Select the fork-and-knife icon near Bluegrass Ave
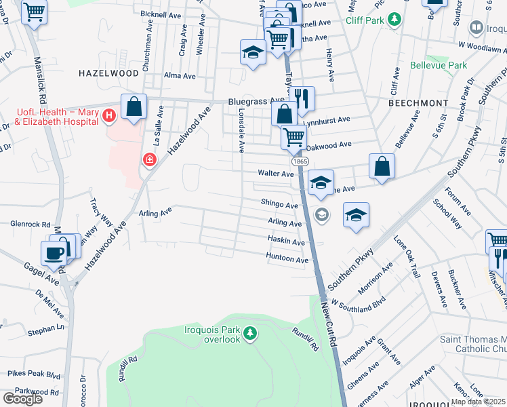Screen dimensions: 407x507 302,99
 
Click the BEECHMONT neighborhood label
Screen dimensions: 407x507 418,102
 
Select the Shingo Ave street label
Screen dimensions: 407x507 279,205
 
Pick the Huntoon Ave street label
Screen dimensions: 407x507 287,258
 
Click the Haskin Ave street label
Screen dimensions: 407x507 285,241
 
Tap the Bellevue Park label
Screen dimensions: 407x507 439,66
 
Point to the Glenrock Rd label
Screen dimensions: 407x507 31,223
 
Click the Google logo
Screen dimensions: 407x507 22,399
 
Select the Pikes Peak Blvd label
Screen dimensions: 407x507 34,375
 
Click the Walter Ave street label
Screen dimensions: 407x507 275,174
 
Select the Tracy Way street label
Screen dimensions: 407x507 102,213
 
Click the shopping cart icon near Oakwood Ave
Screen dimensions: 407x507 293,136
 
